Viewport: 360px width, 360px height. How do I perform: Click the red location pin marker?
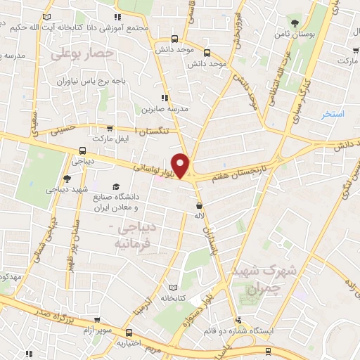181,165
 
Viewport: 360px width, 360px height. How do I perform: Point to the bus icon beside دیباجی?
83,150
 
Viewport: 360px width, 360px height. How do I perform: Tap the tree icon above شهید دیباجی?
66,179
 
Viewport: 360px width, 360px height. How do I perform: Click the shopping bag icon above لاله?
200,206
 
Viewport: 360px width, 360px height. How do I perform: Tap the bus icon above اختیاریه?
128,332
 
